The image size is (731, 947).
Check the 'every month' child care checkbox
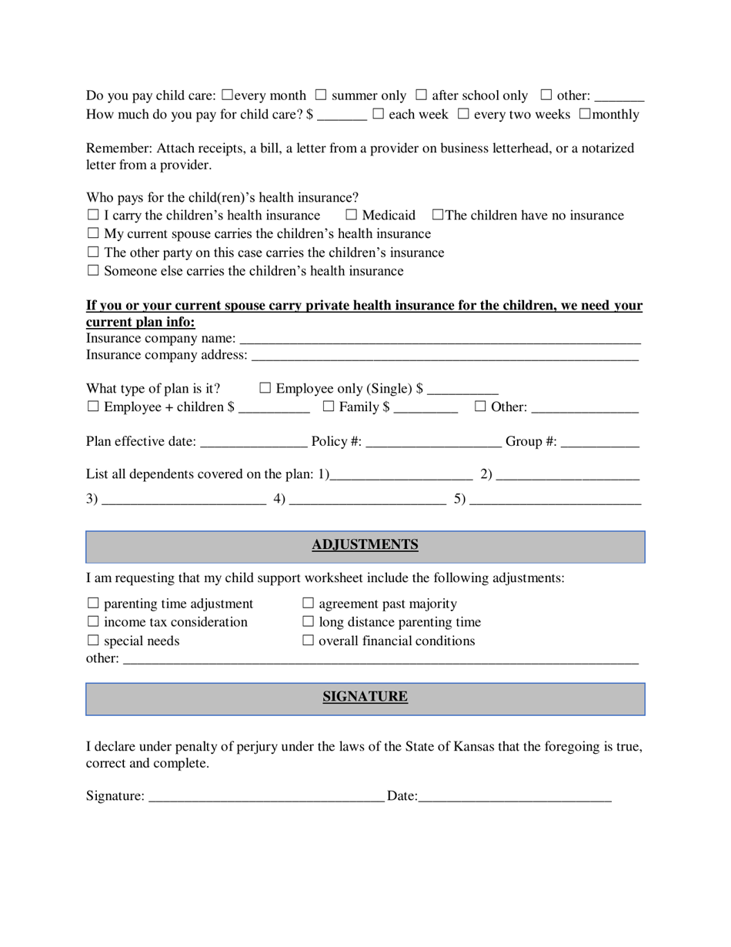point(227,95)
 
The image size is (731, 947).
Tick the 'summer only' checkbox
point(321,95)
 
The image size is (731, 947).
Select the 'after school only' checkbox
point(421,95)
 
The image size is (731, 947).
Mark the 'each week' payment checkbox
point(378,114)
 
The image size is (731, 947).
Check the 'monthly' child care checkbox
point(585,114)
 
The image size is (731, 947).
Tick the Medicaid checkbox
point(351,215)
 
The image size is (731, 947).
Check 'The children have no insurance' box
point(438,215)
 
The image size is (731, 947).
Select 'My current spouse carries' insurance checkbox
point(93,233)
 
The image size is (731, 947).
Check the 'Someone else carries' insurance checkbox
point(93,270)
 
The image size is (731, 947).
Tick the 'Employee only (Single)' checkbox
point(265,388)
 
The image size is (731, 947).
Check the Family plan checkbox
point(329,407)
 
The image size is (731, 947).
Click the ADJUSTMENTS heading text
point(365,545)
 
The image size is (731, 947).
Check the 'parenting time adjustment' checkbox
point(93,603)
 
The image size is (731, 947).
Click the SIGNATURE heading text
point(365,697)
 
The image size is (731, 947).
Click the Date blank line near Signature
point(514,795)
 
